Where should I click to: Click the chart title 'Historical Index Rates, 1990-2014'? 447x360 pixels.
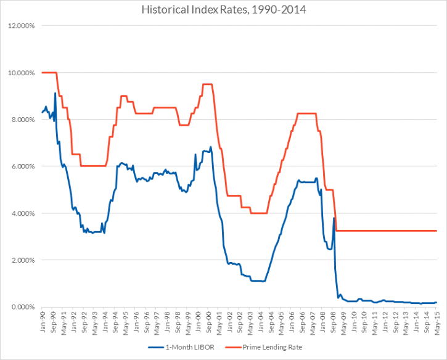[x=223, y=10]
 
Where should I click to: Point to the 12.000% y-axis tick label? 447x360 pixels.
[x=22, y=26]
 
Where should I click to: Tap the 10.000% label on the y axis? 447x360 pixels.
[x=22, y=73]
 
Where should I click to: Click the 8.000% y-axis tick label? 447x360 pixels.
[x=23, y=120]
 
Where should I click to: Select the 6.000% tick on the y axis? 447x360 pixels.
[x=23, y=166]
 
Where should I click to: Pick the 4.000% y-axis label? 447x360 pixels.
[x=23, y=213]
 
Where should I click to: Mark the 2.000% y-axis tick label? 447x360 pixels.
[x=23, y=260]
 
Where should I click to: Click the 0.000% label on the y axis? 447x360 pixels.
[x=23, y=307]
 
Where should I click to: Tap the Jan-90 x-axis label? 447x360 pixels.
[x=42, y=320]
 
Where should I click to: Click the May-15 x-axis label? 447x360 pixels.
[x=436, y=320]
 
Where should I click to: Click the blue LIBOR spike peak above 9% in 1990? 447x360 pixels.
[x=55, y=93]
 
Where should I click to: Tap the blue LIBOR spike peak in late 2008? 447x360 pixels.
[x=334, y=218]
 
